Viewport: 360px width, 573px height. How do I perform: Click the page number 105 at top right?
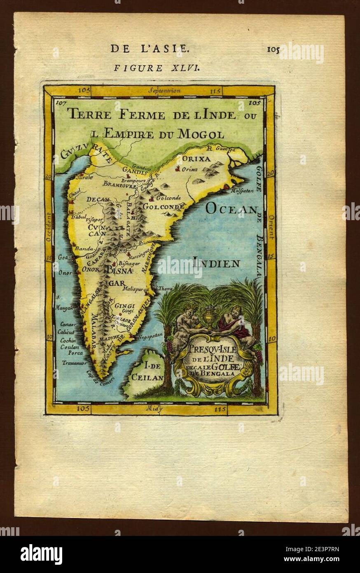pyautogui.click(x=273, y=50)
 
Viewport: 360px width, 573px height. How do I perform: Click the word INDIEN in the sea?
pyautogui.click(x=217, y=263)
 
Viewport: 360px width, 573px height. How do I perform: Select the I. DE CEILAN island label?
pyautogui.click(x=148, y=371)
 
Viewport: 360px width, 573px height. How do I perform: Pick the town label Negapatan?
pyautogui.click(x=152, y=335)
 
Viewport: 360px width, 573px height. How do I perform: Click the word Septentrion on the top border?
pyautogui.click(x=163, y=91)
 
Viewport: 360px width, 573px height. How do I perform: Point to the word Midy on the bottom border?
pyautogui.click(x=155, y=409)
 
